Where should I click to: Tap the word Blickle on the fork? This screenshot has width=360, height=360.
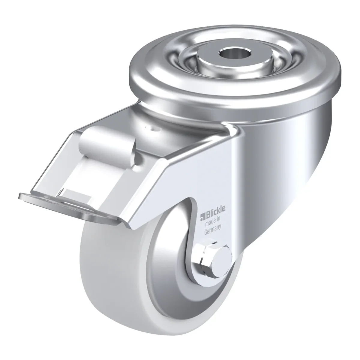215,215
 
